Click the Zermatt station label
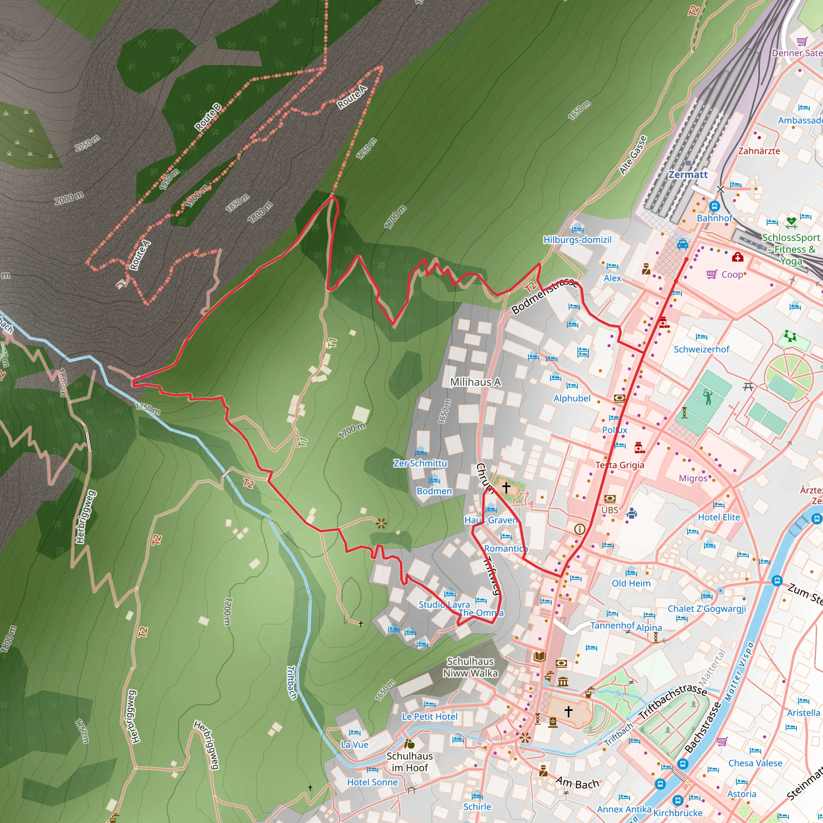[x=688, y=175]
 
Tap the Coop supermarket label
[x=732, y=275]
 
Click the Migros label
[x=693, y=478]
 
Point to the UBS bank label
[x=610, y=510]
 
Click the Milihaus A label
[x=475, y=382]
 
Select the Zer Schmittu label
[x=420, y=463]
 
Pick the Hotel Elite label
[x=719, y=517]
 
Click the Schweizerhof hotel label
[x=701, y=349]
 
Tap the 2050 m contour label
[x=87, y=143]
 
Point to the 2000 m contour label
[x=69, y=198]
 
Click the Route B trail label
[x=208, y=117]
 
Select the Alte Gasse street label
[x=633, y=155]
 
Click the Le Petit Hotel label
[x=430, y=717]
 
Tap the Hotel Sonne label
[x=372, y=782]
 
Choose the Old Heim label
[x=631, y=583]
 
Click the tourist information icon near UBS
[x=579, y=529]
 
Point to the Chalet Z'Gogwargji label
[x=707, y=609]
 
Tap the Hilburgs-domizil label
[x=577, y=240]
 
